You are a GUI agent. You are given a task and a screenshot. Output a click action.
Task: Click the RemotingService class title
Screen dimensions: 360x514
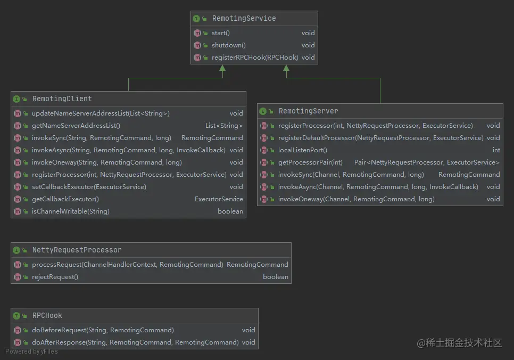[x=244, y=19]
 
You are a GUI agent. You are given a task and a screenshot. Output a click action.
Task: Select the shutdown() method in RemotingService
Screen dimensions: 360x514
[x=229, y=45]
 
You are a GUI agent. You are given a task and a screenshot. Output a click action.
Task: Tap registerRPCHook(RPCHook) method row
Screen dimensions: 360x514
[x=255, y=58]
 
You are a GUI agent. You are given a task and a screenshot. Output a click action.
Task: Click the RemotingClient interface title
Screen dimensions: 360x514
[x=62, y=99]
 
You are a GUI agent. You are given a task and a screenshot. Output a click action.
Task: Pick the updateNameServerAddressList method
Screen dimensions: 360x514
[x=101, y=113]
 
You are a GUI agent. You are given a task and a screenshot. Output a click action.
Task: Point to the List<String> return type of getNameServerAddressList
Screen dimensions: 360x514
[x=224, y=126]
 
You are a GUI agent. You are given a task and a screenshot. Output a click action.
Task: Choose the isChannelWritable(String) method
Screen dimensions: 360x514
[x=70, y=211]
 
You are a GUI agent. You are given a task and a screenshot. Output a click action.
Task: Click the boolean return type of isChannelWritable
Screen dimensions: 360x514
[x=230, y=211]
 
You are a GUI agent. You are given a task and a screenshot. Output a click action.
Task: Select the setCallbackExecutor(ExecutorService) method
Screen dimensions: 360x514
[x=89, y=187]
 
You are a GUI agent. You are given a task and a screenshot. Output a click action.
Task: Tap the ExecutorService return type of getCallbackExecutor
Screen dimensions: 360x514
[x=219, y=199]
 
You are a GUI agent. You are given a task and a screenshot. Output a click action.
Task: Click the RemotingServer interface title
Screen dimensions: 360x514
[x=308, y=111]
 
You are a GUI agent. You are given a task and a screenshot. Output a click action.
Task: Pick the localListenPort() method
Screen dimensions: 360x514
[x=302, y=150]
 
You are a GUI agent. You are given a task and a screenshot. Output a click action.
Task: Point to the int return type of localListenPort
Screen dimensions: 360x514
[x=496, y=150]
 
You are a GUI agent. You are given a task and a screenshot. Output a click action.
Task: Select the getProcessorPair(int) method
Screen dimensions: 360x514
[x=310, y=162]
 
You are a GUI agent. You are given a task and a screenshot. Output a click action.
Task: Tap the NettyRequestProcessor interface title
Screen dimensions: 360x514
[x=77, y=250]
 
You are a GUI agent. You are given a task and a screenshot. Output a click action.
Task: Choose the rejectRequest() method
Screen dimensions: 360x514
[x=55, y=277]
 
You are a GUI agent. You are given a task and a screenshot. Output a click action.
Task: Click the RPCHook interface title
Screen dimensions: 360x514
[x=47, y=315]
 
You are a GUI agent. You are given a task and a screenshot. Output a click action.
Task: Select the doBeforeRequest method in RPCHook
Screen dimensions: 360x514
[x=103, y=330]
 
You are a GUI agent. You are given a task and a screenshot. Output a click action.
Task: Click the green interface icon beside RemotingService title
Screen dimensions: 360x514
[x=196, y=19]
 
